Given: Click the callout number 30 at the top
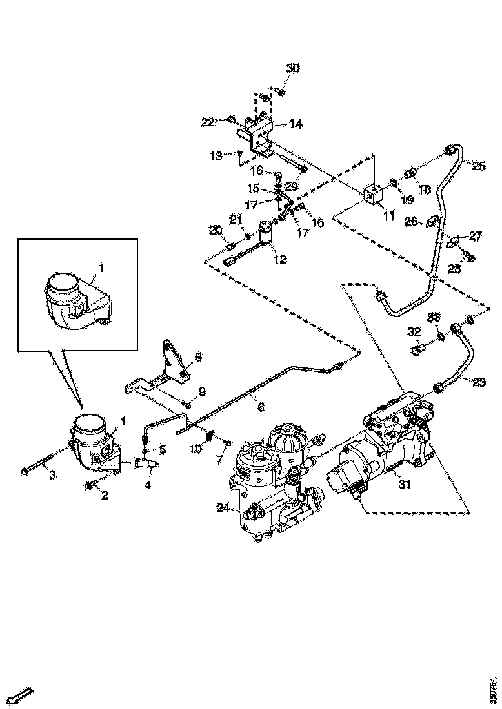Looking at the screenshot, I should [x=293, y=68].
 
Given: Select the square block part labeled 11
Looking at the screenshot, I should [x=374, y=194].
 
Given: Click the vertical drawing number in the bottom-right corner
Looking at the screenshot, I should [x=494, y=689].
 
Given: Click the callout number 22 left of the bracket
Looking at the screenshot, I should [x=208, y=122].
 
